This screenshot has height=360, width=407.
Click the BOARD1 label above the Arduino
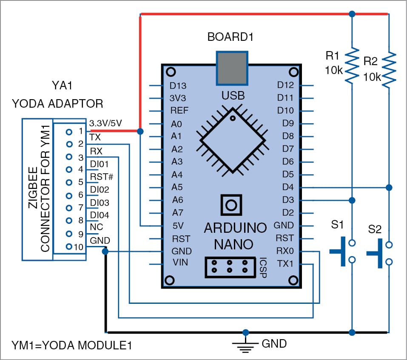tap(230, 37)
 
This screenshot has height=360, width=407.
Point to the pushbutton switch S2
tap(379, 254)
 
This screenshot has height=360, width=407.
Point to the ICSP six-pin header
tap(230, 267)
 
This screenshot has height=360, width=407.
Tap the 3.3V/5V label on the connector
tap(106, 123)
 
